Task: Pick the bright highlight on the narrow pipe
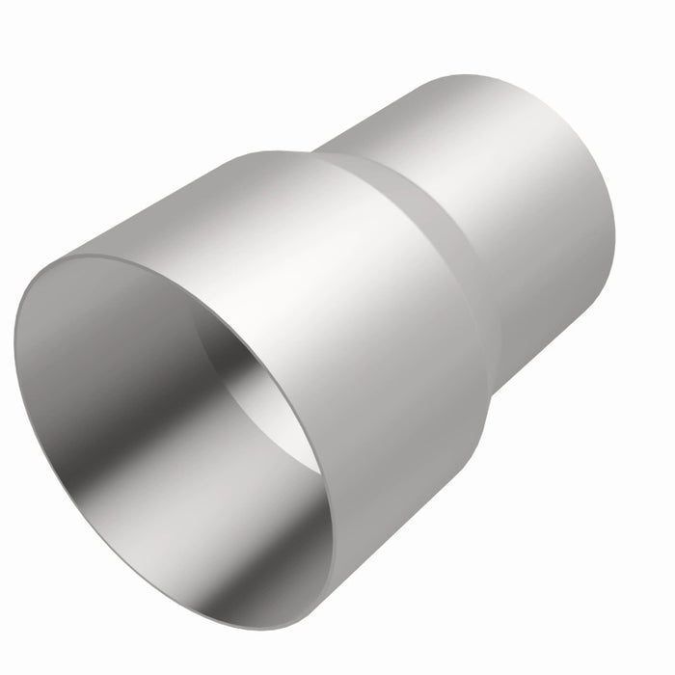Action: pos(482,145)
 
